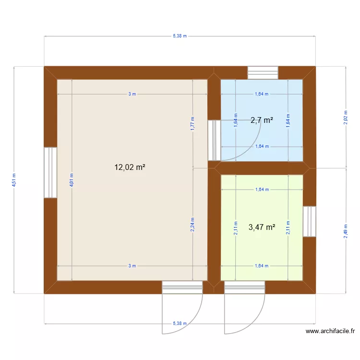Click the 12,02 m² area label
[130, 168]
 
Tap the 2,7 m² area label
[262, 120]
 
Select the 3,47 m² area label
[262, 228]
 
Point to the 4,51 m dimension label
[14, 180]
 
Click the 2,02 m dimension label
[346, 118]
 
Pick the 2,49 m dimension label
[346, 232]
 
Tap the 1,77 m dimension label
[192, 124]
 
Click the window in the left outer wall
[50, 172]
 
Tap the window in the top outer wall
[263, 72]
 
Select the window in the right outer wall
[310, 221]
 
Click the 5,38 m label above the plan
[180, 36]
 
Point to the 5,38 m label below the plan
[180, 324]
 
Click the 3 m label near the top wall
[132, 94]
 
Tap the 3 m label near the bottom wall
[132, 265]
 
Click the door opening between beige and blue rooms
[214, 140]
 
